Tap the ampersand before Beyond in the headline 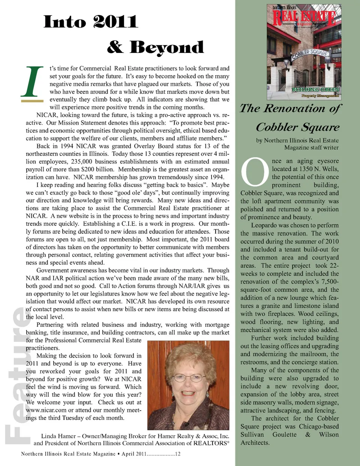click(115, 47)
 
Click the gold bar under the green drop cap click(32, 101)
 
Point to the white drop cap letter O click(255, 172)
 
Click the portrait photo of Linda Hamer click(188, 385)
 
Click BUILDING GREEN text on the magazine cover click(316, 90)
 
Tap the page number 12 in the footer click(177, 454)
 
